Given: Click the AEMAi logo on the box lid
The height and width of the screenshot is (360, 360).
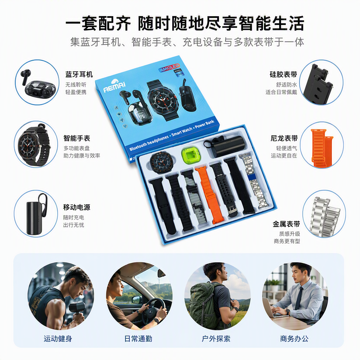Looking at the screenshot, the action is pos(114,86).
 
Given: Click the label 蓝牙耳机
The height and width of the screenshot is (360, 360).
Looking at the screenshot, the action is pos(79,75).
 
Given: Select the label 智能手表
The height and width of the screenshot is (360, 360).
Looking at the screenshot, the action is pos(77,138).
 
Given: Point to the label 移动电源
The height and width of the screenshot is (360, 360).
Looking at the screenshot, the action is pos(77,207).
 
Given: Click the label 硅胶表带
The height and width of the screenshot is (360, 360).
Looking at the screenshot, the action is pos(283,75).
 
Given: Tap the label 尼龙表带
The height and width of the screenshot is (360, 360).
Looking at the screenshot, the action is pos(284,138).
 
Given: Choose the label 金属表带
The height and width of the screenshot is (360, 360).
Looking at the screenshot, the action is pos(286,224).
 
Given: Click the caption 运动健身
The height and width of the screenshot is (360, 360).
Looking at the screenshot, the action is pos(58,339).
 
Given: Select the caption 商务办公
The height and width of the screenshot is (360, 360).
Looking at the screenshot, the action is pos(294,339).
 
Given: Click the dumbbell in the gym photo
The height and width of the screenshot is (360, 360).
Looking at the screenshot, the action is pos(76,309).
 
